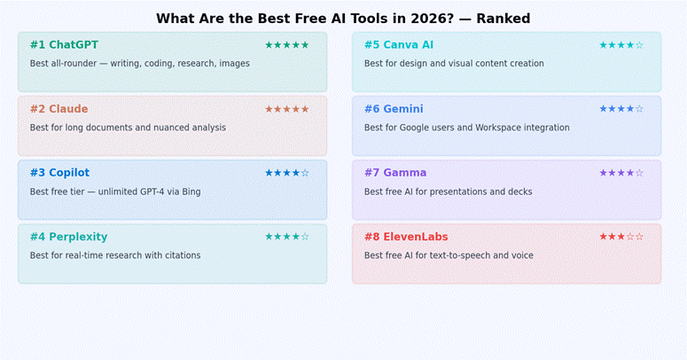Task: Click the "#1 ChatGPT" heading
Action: coord(64,45)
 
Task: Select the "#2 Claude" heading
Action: coord(59,109)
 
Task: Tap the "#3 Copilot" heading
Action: coord(59,173)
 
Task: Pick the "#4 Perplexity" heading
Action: coord(68,237)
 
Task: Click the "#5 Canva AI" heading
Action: coord(398,45)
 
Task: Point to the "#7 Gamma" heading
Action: coord(394,173)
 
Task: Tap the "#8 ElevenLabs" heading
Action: coord(406,237)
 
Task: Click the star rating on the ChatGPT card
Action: coord(286,45)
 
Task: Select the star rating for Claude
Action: coord(286,109)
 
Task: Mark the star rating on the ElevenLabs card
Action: coord(621,237)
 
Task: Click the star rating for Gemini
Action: coord(621,109)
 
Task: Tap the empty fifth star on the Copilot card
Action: coord(305,173)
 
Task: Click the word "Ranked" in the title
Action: coord(503,19)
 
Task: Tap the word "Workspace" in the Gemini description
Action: coord(501,128)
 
